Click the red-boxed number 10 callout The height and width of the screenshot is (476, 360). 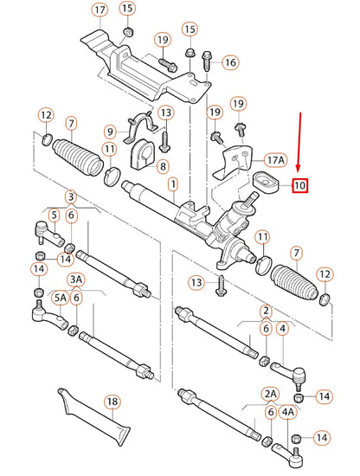299,184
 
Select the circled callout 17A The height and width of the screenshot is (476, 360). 274,159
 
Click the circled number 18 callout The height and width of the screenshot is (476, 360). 112,402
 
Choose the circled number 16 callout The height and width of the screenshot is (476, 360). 229,62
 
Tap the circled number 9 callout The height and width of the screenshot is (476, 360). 110,132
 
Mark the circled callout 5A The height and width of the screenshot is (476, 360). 61,298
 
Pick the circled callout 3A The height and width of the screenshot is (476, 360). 76,279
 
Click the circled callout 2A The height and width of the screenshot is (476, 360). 271,393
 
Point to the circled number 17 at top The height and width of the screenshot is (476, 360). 100,10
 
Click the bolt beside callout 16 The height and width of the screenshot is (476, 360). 207,61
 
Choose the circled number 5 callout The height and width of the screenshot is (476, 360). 54,215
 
